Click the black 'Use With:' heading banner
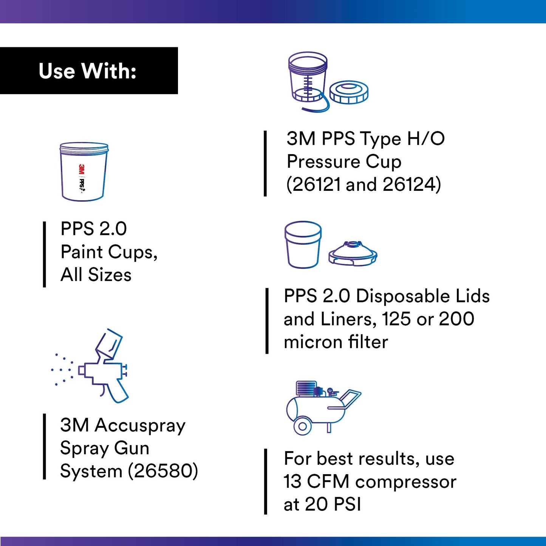tap(89, 71)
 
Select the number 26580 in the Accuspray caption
tap(163, 471)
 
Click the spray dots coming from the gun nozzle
tap(62, 370)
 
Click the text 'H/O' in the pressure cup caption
tap(425, 139)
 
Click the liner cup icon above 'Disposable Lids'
tap(303, 245)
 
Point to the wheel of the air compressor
tap(302, 426)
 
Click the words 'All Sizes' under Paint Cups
tap(96, 275)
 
